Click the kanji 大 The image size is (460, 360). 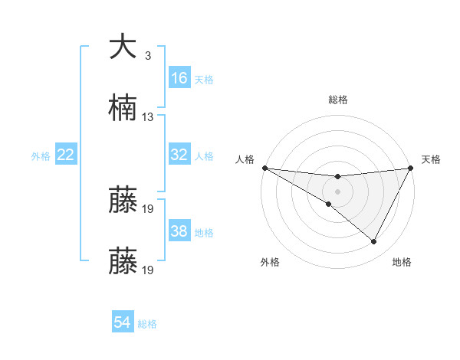pyautogui.click(x=123, y=47)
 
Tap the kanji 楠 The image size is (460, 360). pyautogui.click(x=123, y=110)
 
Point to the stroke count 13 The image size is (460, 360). pyautogui.click(x=148, y=117)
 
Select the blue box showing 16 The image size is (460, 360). pyautogui.click(x=179, y=78)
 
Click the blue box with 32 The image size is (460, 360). pyautogui.click(x=179, y=155)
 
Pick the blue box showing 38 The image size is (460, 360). pyautogui.click(x=179, y=231)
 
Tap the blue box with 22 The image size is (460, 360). pyautogui.click(x=66, y=155)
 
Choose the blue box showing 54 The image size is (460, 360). pyautogui.click(x=123, y=322)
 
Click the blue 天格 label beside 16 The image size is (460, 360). pyautogui.click(x=204, y=79)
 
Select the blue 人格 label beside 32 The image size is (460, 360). pyautogui.click(x=204, y=155)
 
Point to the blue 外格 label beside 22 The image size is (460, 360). pyautogui.click(x=41, y=155)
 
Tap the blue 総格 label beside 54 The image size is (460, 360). pyautogui.click(x=147, y=323)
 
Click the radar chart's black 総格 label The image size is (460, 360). pyautogui.click(x=337, y=100)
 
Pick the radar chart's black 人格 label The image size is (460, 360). pyautogui.click(x=245, y=159)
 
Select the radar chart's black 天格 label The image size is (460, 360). pyautogui.click(x=431, y=159)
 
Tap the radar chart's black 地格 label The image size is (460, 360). pyautogui.click(x=402, y=262)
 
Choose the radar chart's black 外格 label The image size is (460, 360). pyautogui.click(x=270, y=262)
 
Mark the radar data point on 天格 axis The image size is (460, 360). pyautogui.click(x=412, y=167)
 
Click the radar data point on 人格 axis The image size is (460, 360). pyautogui.click(x=264, y=167)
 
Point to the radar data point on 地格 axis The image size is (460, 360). pyautogui.click(x=374, y=242)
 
